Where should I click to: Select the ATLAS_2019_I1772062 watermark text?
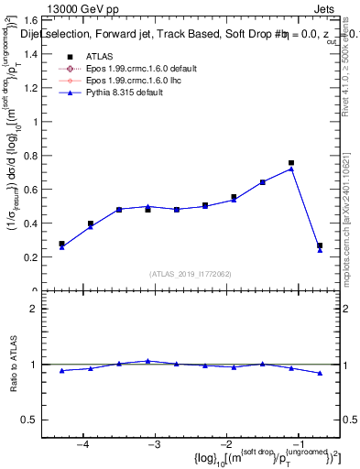tap(191, 274)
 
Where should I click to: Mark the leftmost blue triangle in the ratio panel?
tap(61, 371)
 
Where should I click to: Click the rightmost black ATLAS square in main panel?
tap(320, 245)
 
